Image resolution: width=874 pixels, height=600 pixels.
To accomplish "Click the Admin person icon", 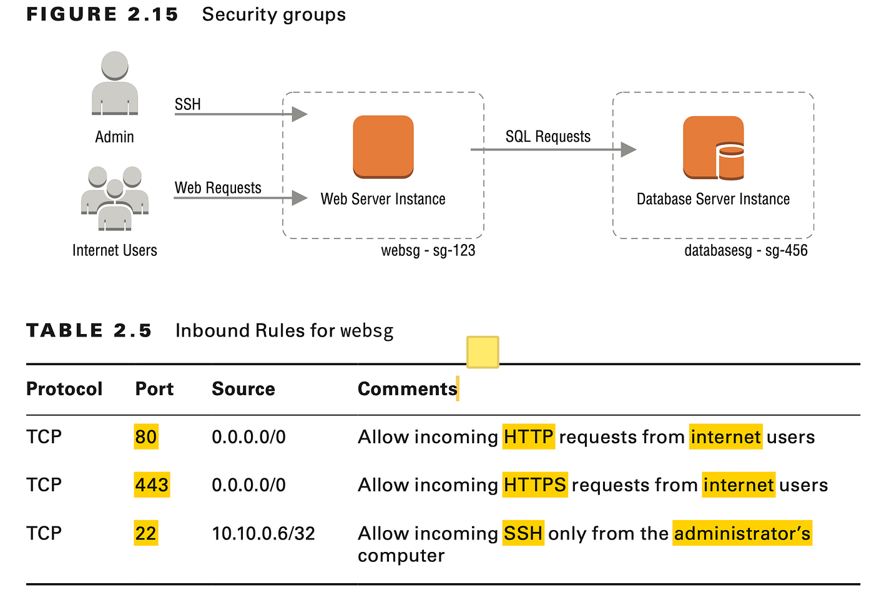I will point(114,84).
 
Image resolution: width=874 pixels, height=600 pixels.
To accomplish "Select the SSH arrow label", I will point(188,104).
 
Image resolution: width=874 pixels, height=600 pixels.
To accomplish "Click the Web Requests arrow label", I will point(218,188).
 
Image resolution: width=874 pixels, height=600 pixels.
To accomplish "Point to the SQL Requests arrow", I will point(552,149).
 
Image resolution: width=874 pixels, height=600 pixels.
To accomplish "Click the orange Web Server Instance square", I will point(383,147).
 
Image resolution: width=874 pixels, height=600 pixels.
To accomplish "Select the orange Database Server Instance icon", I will point(714,148).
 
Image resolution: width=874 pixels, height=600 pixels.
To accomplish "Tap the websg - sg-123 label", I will point(428,250).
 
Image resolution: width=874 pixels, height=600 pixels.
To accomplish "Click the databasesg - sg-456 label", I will point(745,250).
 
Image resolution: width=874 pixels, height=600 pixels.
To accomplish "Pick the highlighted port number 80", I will point(146,436).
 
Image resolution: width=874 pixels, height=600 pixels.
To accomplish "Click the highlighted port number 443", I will point(152,484).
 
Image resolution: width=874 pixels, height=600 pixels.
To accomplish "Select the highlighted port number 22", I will point(146,533).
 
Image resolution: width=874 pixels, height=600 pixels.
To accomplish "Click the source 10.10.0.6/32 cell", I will point(263,533).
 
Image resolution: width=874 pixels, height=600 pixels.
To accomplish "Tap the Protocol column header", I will point(64,389).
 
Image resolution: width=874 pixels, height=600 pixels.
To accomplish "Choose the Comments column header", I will point(408,389).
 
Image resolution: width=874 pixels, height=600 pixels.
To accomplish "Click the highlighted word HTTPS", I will point(535,484).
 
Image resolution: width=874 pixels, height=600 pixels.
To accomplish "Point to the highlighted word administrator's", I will point(742,533).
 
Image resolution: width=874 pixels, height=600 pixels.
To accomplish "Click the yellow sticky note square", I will point(483,352).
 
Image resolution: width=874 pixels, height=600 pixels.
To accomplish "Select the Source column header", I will point(243,389).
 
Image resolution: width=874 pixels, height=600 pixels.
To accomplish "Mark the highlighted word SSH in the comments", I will point(523,533).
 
